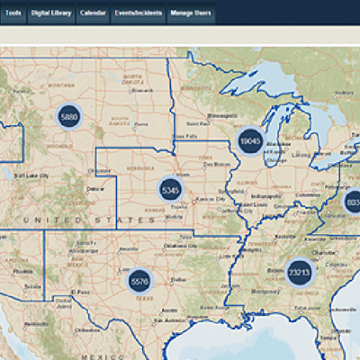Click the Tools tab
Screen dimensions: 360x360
click(13, 15)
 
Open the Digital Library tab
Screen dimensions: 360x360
click(50, 15)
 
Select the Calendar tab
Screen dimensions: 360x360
click(93, 15)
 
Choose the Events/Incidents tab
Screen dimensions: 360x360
click(139, 15)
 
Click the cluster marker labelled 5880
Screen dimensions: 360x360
click(69, 117)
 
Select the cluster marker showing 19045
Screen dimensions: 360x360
click(250, 140)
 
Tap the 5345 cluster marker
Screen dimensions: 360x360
click(171, 191)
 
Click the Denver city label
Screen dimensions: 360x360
click(94, 189)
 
